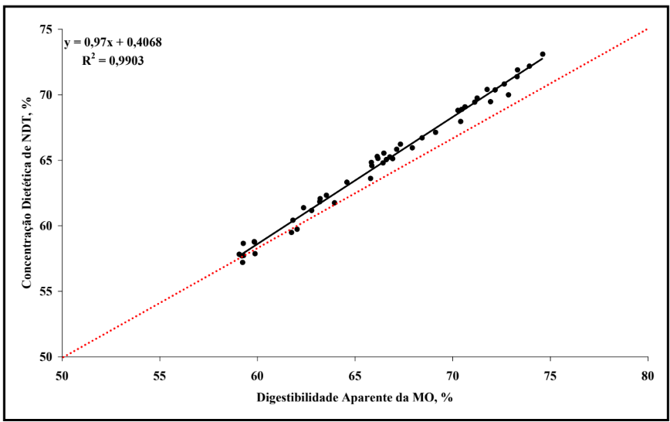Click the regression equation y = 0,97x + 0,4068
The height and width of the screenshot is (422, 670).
[x=113, y=43]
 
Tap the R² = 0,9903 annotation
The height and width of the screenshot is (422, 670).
[x=113, y=60]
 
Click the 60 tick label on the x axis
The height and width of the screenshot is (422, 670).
[x=257, y=376]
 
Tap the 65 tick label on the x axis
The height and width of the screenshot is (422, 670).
[x=354, y=376]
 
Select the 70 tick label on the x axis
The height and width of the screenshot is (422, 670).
[x=452, y=376]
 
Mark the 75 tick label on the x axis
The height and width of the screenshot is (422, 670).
[x=550, y=376]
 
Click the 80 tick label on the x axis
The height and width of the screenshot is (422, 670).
[x=647, y=376]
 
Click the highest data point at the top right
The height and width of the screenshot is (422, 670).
[x=543, y=54]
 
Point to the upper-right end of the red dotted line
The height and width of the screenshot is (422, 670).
[x=647, y=29]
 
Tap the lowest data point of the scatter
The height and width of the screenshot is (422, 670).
[x=242, y=262]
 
